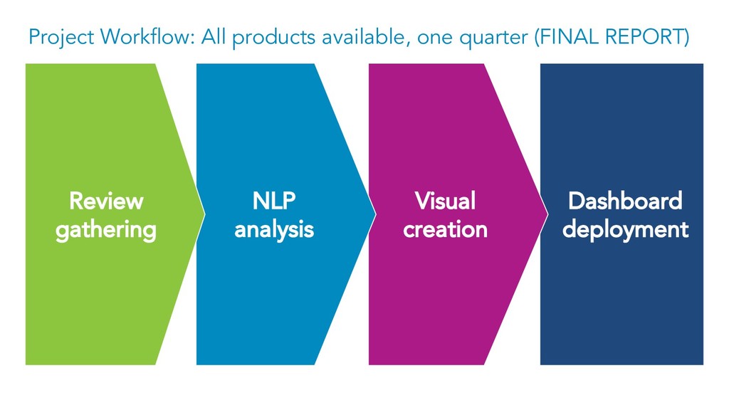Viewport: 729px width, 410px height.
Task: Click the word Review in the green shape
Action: tap(106, 201)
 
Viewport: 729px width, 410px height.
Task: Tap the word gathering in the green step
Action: tap(106, 230)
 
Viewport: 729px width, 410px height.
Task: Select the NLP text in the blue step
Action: tap(274, 201)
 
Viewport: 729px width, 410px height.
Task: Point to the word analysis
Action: tap(274, 230)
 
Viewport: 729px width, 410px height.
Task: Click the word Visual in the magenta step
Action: tap(445, 201)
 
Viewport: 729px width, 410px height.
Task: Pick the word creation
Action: tap(445, 230)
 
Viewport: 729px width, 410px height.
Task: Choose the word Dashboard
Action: tap(624, 201)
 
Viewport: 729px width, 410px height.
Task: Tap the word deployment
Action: tap(624, 230)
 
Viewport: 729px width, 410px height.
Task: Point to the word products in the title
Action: tap(274, 37)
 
